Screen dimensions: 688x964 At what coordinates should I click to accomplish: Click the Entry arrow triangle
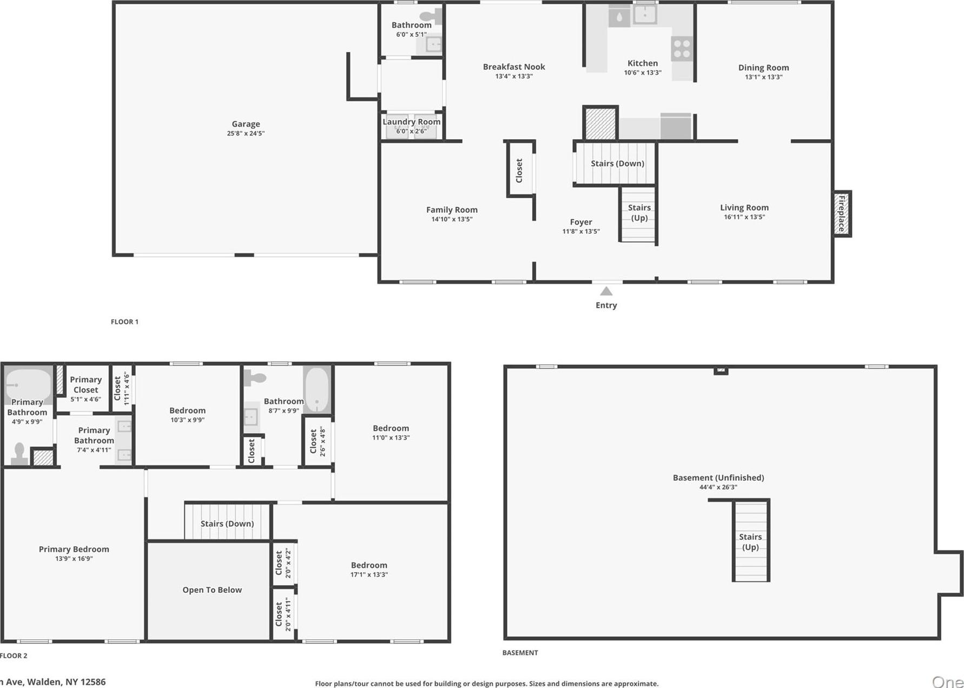tap(606, 291)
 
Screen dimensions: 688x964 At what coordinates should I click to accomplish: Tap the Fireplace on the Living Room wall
tap(841, 214)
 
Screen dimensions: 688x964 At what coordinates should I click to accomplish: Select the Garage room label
tap(246, 124)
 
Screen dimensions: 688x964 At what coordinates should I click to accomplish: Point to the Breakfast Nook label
tap(514, 67)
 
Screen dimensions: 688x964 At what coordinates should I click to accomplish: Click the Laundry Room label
tap(411, 122)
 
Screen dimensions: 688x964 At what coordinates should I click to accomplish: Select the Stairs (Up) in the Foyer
tap(638, 214)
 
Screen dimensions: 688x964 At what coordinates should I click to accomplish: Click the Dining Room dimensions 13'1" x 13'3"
tap(763, 77)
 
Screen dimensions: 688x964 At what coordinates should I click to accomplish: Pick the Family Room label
tap(452, 209)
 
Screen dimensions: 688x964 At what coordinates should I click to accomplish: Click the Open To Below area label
tap(212, 589)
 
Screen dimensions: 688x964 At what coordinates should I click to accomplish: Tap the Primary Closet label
tap(85, 384)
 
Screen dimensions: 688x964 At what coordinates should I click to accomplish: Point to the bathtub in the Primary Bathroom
tap(28, 384)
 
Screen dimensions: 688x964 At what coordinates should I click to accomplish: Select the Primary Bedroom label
tap(74, 549)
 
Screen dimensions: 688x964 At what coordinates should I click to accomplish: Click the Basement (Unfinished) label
tap(718, 477)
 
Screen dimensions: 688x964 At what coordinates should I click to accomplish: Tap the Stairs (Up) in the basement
tap(750, 541)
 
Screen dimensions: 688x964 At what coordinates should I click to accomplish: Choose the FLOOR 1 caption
tap(124, 322)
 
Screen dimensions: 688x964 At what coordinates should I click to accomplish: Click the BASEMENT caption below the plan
tap(520, 652)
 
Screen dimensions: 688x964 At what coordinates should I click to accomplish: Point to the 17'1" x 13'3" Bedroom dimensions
tap(369, 574)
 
